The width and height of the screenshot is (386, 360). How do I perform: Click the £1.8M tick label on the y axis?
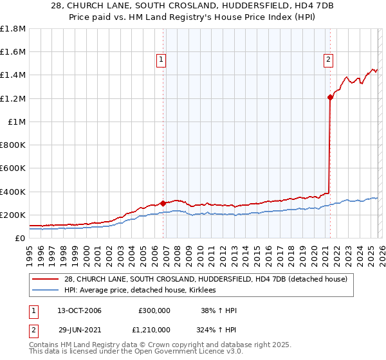coord(13,29)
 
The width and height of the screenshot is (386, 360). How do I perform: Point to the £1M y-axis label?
coord(17,122)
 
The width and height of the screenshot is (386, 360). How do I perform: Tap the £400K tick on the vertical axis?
coord(13,192)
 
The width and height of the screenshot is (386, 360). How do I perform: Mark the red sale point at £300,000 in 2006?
coord(163,203)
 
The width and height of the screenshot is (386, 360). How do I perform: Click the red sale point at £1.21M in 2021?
coord(330,98)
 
